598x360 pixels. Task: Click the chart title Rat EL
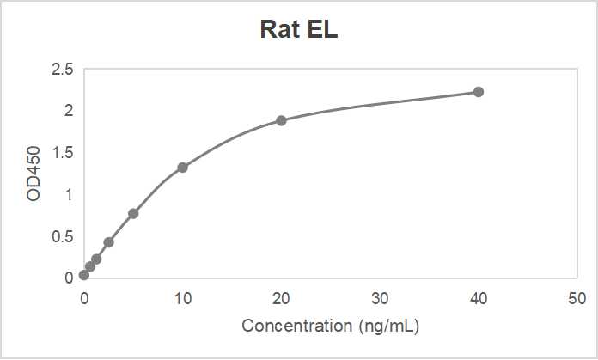[x=300, y=30]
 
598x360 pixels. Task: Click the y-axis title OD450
[x=34, y=173]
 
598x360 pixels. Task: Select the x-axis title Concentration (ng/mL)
[x=331, y=326]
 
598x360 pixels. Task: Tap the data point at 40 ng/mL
[x=479, y=92]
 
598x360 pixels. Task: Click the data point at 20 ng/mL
[x=281, y=120]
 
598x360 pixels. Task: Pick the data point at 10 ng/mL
[x=182, y=168]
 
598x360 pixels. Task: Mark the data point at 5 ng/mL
[x=133, y=213]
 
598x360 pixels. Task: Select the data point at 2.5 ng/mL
[x=108, y=242]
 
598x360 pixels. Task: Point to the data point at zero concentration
[x=83, y=275]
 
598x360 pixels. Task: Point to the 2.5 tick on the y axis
[x=63, y=69]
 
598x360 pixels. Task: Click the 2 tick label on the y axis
[x=69, y=111]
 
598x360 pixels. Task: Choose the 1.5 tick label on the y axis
[x=63, y=153]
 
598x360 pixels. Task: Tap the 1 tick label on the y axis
[x=69, y=195]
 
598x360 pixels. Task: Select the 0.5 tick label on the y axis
[x=63, y=236]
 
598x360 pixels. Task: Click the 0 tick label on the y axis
[x=69, y=278]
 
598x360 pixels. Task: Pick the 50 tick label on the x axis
[x=577, y=298]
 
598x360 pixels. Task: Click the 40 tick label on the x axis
[x=479, y=298]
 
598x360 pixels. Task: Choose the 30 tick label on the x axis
[x=380, y=298]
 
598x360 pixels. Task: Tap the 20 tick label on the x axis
[x=281, y=298]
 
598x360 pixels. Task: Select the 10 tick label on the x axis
[x=182, y=298]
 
